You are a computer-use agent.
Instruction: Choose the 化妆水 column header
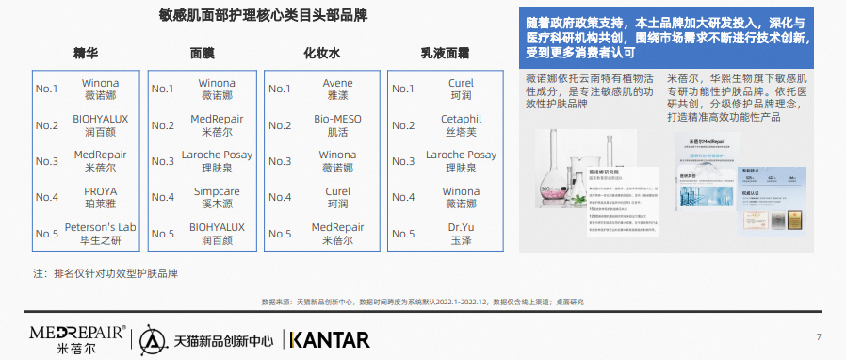tap(321, 53)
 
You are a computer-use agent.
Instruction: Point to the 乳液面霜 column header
tap(445, 53)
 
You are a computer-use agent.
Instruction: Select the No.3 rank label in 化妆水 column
tap(280, 161)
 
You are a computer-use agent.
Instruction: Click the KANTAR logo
tap(330, 338)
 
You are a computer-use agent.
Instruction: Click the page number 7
tap(819, 337)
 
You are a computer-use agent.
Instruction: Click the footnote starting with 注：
tap(106, 273)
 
